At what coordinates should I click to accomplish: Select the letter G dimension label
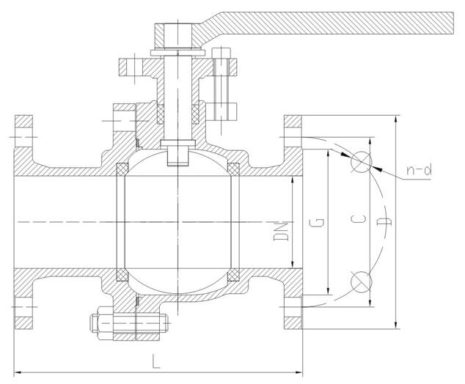(316, 222)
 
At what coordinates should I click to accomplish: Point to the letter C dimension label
(358, 219)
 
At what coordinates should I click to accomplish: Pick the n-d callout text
(419, 170)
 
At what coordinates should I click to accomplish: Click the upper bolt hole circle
(361, 162)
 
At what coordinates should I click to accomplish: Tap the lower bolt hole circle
(361, 281)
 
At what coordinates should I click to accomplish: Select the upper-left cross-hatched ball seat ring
(122, 169)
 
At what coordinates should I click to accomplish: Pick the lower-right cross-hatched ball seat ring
(233, 275)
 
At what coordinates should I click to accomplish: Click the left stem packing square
(160, 114)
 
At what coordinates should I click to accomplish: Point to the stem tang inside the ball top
(177, 156)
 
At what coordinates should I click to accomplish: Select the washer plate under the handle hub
(177, 53)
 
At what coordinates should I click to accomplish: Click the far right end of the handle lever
(453, 23)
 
